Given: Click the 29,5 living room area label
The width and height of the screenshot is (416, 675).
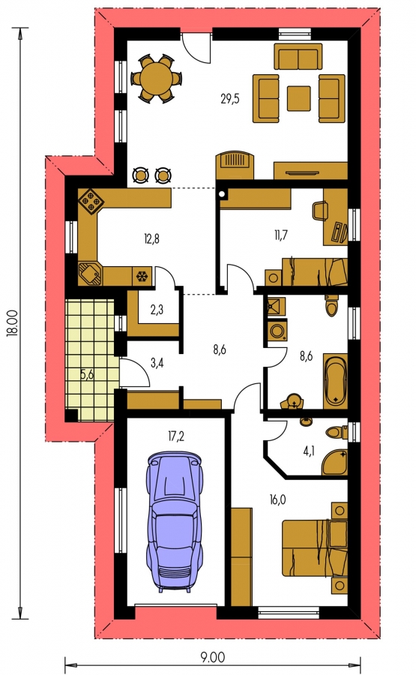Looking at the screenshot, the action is point(229,99).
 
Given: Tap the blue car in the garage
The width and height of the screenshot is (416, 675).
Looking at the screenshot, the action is point(175,521).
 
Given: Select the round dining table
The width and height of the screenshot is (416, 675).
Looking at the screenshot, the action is point(157,78).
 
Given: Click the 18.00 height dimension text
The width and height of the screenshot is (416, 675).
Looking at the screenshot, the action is point(13,322).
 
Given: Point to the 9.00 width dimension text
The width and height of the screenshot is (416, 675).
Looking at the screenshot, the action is point(213,657).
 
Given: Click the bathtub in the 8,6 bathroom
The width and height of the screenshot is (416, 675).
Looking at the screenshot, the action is point(335,381).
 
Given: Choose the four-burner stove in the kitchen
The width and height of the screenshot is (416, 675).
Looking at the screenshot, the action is point(90,200).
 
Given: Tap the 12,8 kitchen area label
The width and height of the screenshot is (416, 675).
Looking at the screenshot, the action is point(151,238).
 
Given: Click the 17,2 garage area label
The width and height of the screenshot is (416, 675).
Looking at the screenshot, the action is point(176,436).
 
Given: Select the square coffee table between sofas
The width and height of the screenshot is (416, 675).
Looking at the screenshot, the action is point(298,98).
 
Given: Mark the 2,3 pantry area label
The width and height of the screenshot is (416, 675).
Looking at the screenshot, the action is point(157,309).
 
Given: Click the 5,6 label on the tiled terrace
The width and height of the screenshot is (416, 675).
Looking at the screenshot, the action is point(87,374).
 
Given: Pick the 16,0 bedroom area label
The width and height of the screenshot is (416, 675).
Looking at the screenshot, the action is point(277,499).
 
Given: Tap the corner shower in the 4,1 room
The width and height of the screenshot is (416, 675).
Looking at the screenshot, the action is point(336,462).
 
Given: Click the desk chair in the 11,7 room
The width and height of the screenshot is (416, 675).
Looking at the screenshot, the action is point(319,211).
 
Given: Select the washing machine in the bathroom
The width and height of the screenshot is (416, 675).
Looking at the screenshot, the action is point(277,330).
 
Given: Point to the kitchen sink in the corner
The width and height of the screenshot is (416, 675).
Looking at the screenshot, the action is point(90,274).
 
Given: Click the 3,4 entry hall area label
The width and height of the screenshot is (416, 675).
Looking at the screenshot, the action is point(157,362).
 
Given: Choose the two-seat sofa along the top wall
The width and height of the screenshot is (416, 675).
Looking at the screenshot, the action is point(298,56).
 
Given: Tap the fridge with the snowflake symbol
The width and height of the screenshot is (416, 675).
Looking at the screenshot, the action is point(142,275).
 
